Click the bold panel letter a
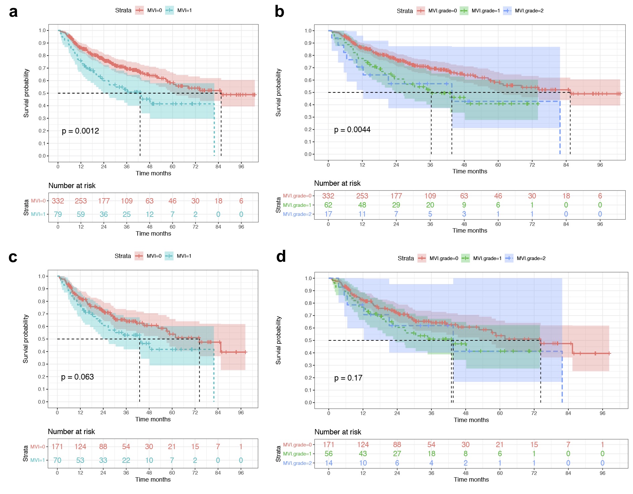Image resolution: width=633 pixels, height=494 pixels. click(x=13, y=12)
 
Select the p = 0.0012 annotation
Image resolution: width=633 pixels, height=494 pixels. click(x=80, y=131)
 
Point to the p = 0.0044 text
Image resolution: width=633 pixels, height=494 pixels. click(x=352, y=130)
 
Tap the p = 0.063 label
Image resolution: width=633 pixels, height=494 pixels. click(x=77, y=377)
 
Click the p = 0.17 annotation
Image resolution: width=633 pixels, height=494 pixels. click(x=348, y=378)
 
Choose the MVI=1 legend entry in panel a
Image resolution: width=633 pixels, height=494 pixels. click(x=179, y=10)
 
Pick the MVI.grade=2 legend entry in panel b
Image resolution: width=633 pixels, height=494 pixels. click(x=524, y=11)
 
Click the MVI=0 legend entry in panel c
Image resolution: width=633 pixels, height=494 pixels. click(x=148, y=256)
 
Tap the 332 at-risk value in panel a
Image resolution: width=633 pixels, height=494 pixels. click(x=58, y=201)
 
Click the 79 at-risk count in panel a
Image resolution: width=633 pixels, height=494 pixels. click(x=58, y=214)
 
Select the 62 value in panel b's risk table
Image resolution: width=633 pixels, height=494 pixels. click(x=328, y=205)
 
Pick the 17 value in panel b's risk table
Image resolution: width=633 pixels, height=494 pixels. click(x=328, y=214)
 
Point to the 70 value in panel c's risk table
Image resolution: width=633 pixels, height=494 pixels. click(x=57, y=460)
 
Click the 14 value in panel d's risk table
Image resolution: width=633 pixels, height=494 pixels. click(x=329, y=463)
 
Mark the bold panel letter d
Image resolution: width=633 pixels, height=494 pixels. click(x=281, y=256)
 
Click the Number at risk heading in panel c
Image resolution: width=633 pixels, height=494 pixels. click(x=71, y=431)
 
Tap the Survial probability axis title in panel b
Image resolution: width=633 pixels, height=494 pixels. click(x=278, y=93)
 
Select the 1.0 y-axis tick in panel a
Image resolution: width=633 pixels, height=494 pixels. click(x=42, y=30)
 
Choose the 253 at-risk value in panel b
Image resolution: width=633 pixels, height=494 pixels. click(x=362, y=196)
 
